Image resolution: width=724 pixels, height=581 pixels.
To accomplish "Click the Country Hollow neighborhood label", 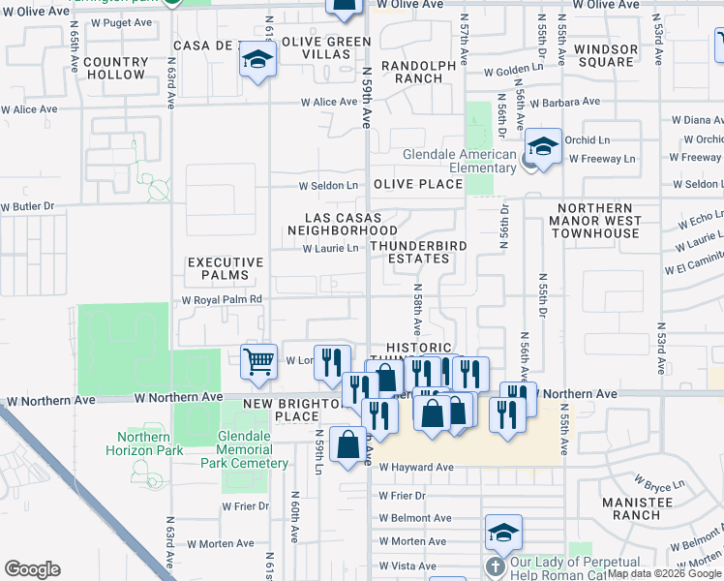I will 115,68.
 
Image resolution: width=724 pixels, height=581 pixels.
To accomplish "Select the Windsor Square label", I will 606,55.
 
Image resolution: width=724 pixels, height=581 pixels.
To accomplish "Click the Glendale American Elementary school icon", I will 543,148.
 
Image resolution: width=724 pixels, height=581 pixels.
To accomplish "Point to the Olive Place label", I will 425,184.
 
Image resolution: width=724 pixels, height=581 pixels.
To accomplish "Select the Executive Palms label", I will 225,268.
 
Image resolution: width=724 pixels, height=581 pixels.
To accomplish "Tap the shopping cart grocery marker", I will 258,361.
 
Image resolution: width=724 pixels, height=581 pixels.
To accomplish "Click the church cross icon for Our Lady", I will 494,566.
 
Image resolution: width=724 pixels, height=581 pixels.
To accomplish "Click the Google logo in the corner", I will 32,569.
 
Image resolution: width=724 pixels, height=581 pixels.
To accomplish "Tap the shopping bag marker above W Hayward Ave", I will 347,445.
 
